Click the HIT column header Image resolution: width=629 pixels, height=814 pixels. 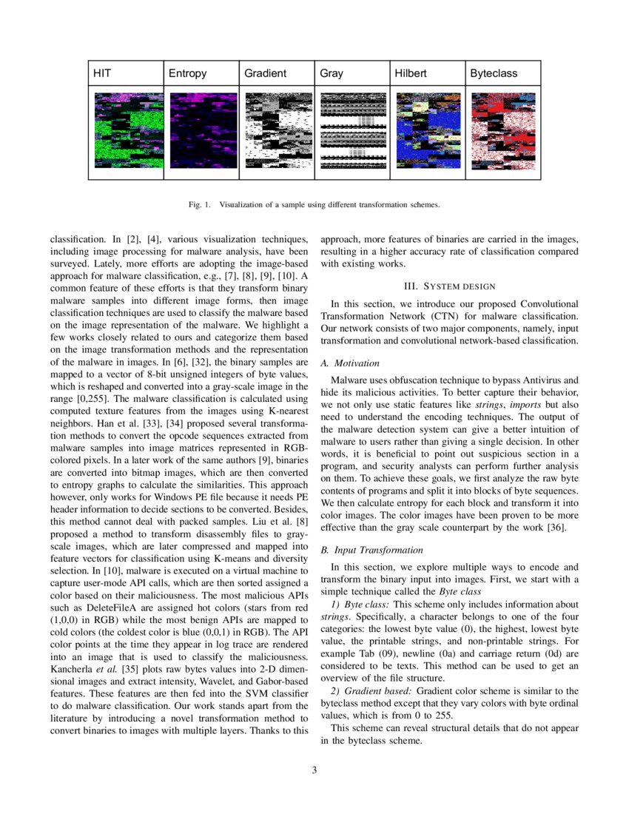(103, 74)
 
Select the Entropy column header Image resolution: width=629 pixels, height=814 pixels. (188, 74)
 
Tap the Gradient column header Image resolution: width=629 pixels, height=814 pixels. (265, 74)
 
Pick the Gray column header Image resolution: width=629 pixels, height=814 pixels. (332, 74)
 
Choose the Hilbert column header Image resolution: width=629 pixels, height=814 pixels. (415, 74)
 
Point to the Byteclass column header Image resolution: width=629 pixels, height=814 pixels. (494, 74)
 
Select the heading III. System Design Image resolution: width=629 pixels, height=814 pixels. (449, 286)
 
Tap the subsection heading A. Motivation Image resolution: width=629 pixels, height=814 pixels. (350, 363)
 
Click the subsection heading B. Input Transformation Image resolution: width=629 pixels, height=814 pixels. (372, 550)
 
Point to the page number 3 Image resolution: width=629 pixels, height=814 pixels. (314, 771)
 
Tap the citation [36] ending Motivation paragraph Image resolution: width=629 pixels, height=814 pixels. (556, 527)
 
